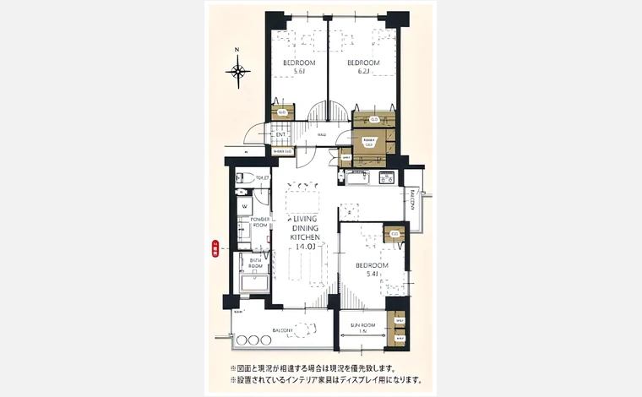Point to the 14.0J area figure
point(304,247)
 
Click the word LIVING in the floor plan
point(305,219)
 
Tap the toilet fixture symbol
point(241,178)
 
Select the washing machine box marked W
point(244,205)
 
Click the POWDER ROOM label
point(259,223)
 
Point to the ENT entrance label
point(281,134)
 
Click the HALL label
point(322,135)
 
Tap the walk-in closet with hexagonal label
point(369,143)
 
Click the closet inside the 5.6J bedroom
point(282,112)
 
